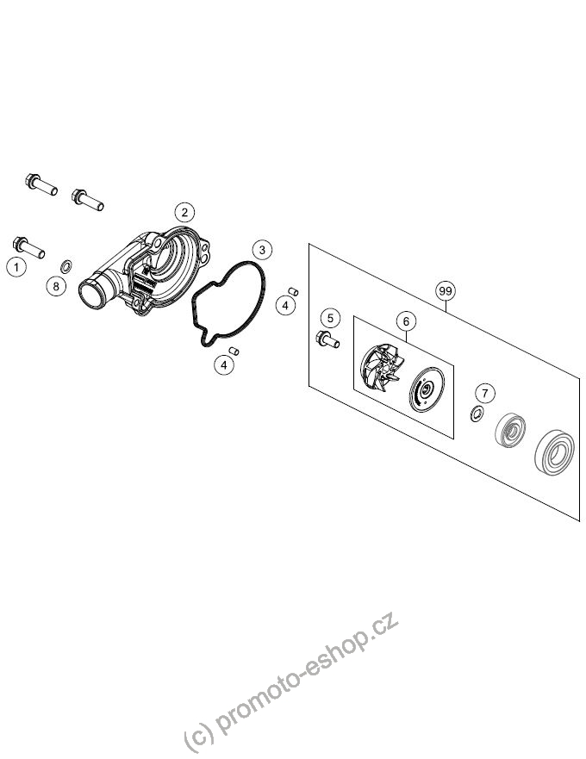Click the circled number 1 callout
[x=16, y=267]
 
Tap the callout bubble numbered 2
[x=184, y=212]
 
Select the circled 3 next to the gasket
[x=262, y=250]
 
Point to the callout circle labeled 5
[x=330, y=318]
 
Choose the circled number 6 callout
[x=406, y=321]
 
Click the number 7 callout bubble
[x=485, y=393]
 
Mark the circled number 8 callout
[x=56, y=286]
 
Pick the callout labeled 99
[x=445, y=291]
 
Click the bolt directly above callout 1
[x=28, y=246]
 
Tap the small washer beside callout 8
[x=66, y=265]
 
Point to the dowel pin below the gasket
[x=234, y=350]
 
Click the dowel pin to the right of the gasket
[x=292, y=291]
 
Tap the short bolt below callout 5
[x=327, y=339]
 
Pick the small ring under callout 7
[x=477, y=414]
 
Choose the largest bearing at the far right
[x=554, y=451]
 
